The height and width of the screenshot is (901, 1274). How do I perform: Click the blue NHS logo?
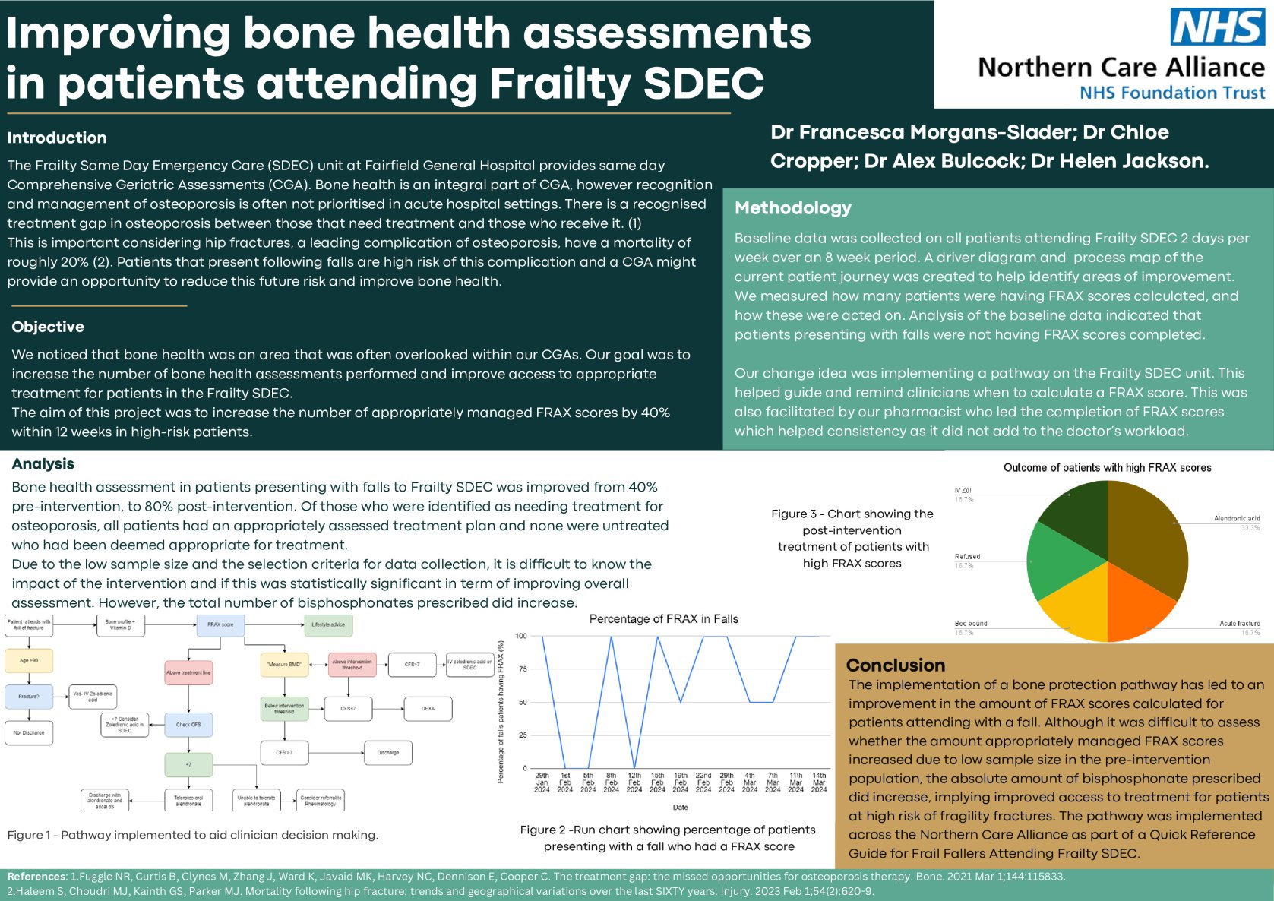pos(1218,27)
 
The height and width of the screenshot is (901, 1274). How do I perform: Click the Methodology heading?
pos(793,208)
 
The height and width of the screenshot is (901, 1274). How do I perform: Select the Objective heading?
pos(48,327)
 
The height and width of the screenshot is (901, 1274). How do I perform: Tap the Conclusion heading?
pos(896,665)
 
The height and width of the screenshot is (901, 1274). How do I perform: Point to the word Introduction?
pos(57,138)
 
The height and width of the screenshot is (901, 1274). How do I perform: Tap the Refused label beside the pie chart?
pos(967,557)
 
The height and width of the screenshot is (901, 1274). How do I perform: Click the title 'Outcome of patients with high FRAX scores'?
pos(1107,468)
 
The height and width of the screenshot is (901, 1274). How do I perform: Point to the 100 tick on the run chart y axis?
pos(521,636)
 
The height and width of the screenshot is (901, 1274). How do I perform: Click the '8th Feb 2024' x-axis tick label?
pos(611,782)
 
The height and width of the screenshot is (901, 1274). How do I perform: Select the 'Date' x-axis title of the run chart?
pos(680,807)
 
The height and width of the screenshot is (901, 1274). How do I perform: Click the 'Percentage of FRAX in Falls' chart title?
pos(663,619)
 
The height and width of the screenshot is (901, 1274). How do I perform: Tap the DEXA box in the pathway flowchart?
pos(428,709)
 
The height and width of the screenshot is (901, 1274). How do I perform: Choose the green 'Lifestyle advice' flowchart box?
pos(328,625)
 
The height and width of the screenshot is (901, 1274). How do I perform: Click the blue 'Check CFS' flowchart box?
pos(188,725)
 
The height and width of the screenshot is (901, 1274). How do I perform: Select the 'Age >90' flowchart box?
pos(29,661)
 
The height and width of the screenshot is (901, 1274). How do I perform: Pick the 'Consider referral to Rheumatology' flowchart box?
pos(321,801)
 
